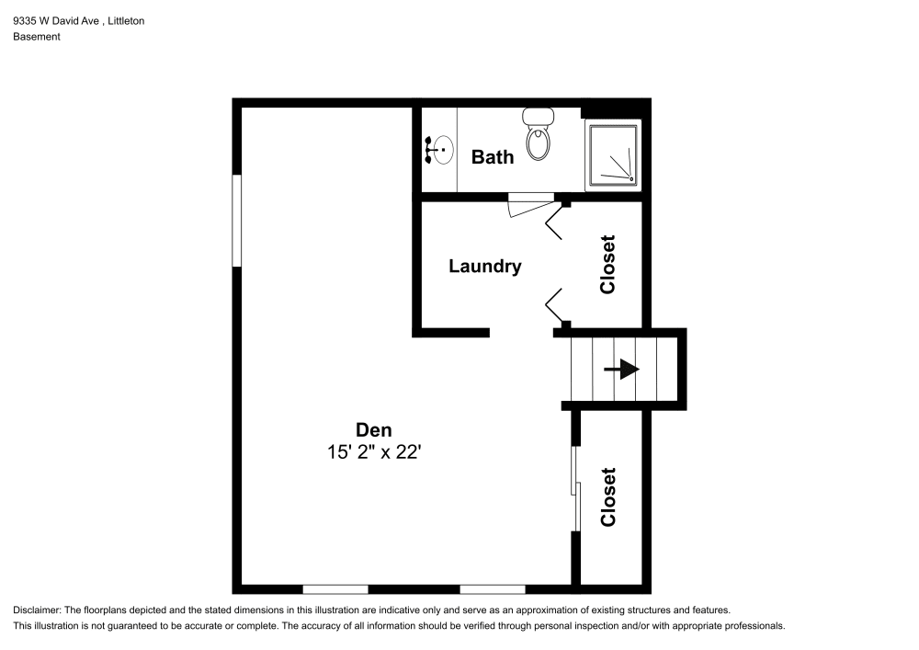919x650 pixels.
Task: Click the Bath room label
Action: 493,157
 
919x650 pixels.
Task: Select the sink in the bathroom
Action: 441,149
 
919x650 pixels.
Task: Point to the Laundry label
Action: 484,267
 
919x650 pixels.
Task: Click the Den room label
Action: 374,429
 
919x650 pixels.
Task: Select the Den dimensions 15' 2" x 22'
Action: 374,452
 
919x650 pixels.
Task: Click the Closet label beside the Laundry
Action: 607,265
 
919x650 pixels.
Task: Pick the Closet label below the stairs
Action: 607,497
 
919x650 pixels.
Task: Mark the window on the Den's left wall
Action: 236,221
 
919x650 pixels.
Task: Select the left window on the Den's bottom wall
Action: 335,588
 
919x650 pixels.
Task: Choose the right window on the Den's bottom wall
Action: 493,588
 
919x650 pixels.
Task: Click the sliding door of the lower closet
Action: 575,488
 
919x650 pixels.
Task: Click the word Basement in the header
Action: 37,37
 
